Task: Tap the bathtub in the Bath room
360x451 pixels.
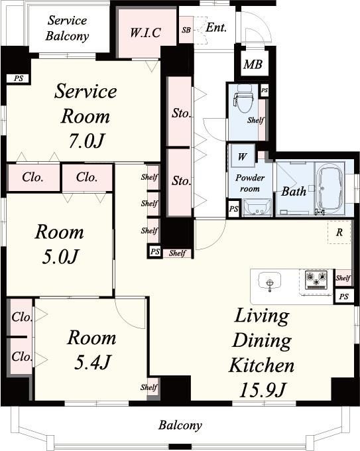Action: click(x=330, y=190)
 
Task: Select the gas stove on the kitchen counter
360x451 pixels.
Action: click(x=316, y=280)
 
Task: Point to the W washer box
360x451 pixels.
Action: click(x=243, y=156)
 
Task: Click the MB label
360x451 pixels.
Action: click(x=253, y=64)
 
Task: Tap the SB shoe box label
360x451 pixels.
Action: click(x=186, y=30)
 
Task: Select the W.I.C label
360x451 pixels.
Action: click(x=145, y=32)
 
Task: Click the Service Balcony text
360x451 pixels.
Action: click(x=67, y=28)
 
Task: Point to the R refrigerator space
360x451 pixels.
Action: click(x=339, y=232)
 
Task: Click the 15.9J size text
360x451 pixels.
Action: click(x=262, y=390)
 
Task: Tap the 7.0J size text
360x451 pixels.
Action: click(x=87, y=141)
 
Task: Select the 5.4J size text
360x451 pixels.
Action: click(x=92, y=362)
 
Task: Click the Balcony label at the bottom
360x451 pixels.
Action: click(x=180, y=425)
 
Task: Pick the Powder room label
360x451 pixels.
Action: click(x=249, y=183)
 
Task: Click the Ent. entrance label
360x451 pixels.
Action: click(x=216, y=28)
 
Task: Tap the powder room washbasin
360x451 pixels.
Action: click(x=257, y=208)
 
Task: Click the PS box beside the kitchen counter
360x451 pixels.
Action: click(x=343, y=296)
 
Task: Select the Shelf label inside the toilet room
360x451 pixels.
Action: click(x=256, y=120)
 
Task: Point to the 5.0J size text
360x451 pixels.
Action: click(x=60, y=257)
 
